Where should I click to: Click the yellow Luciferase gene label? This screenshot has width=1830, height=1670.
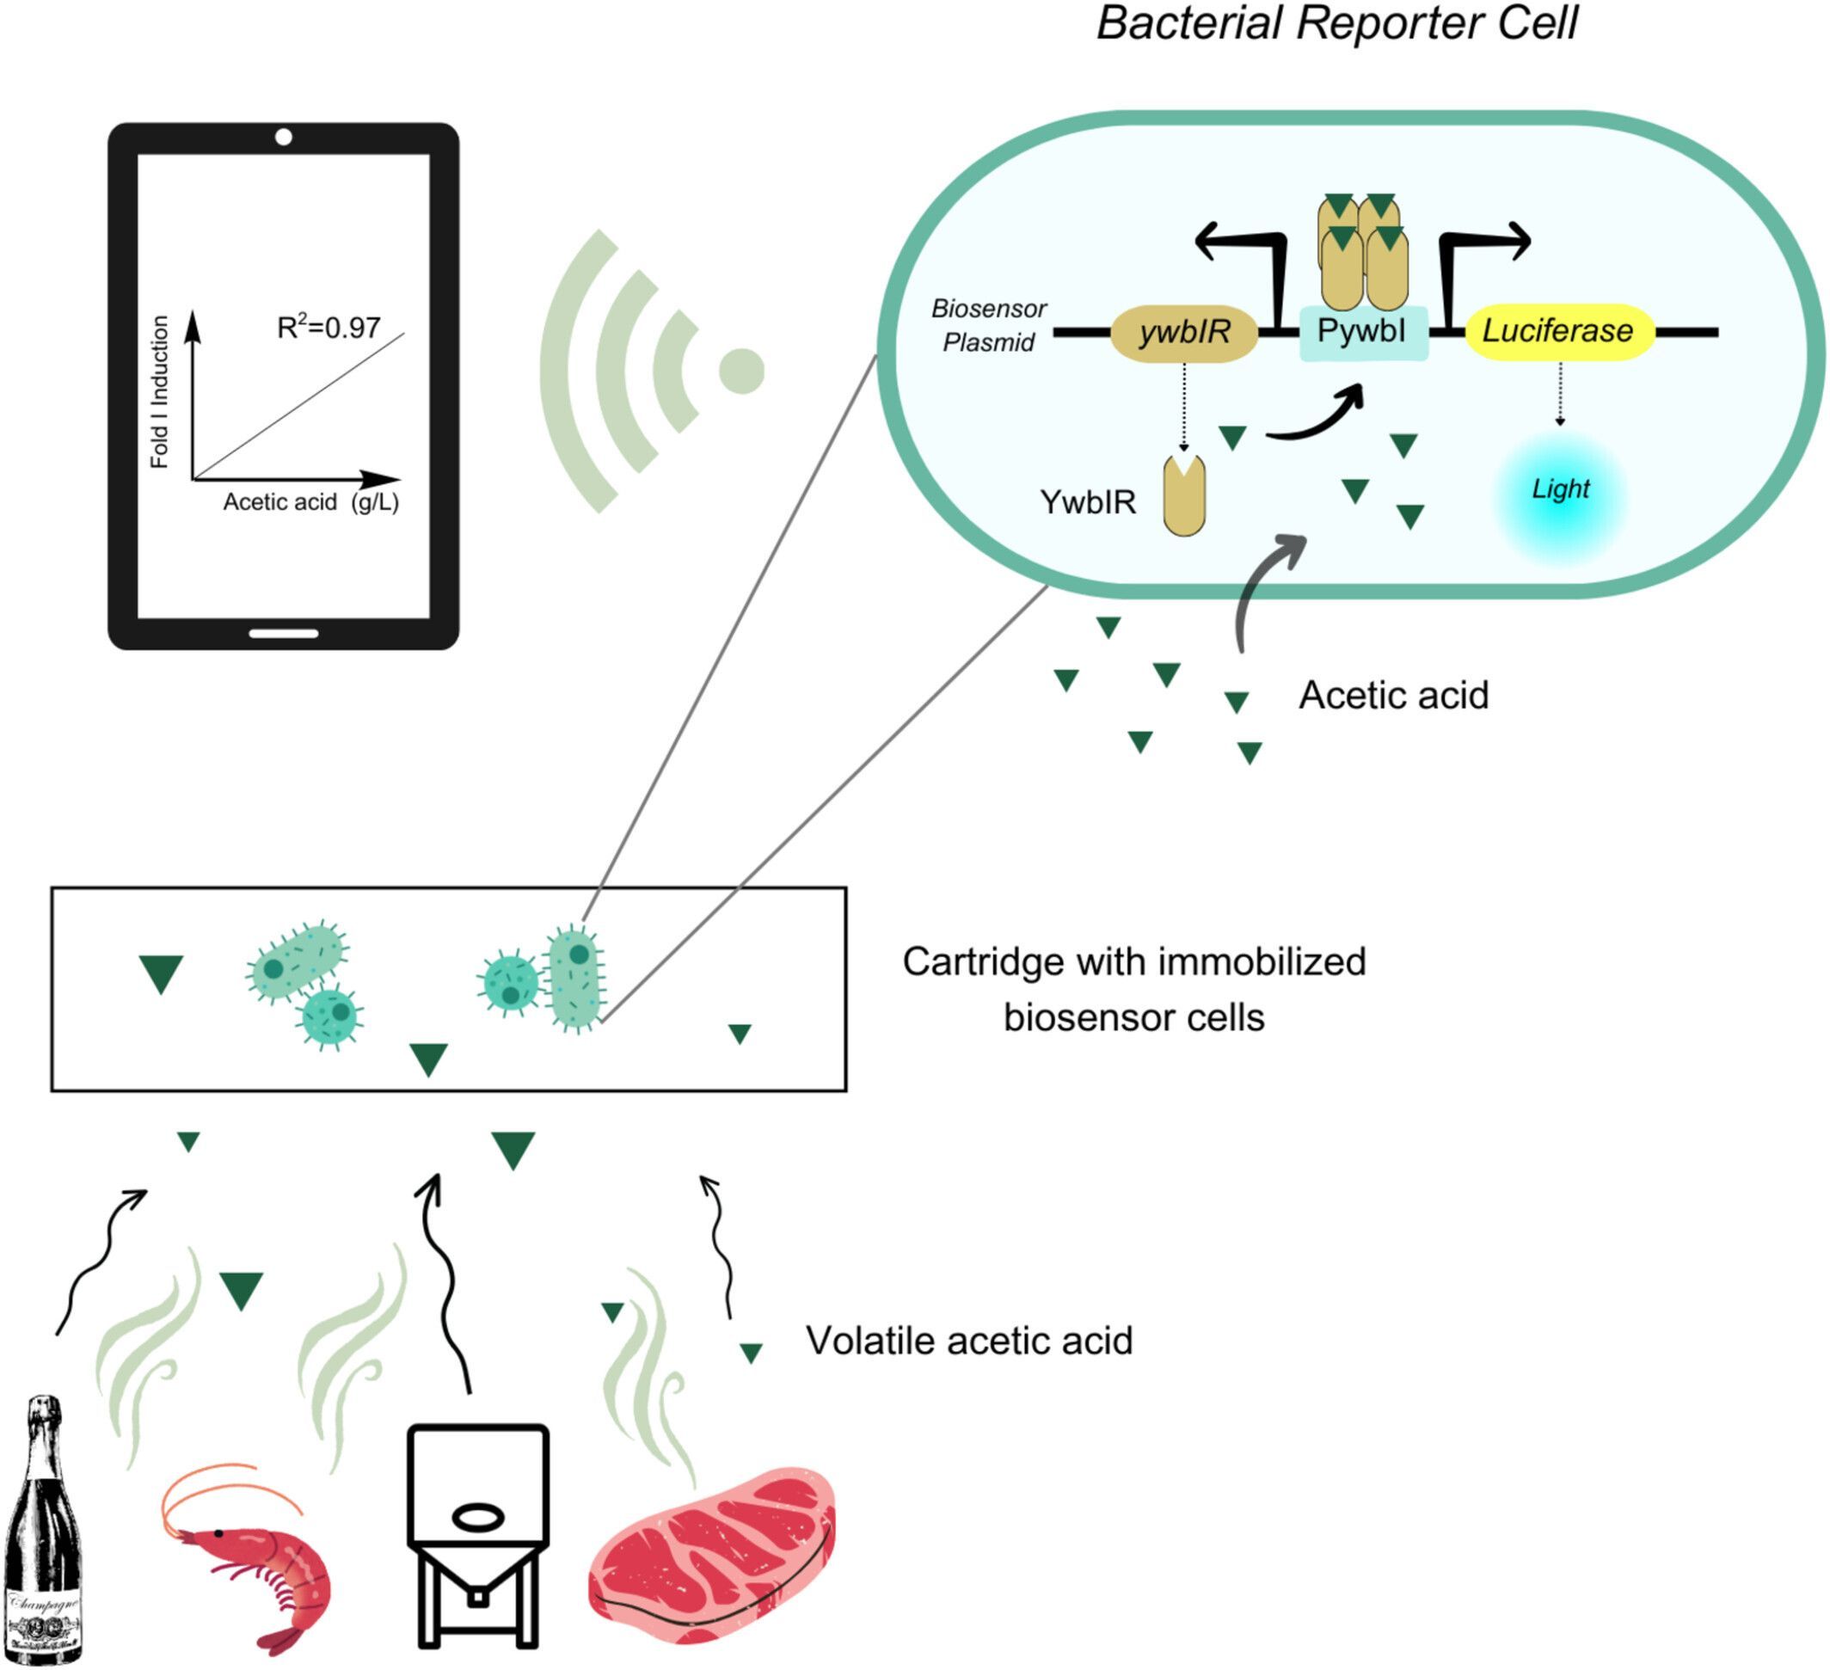click(x=1558, y=331)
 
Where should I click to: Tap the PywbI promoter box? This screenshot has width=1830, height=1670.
click(x=1362, y=332)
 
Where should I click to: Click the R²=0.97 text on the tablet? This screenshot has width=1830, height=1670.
click(x=329, y=328)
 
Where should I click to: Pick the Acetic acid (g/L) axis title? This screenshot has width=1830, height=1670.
click(x=310, y=502)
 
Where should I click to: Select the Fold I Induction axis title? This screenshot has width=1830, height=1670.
click(x=160, y=392)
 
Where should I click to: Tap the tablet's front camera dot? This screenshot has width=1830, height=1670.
click(x=283, y=137)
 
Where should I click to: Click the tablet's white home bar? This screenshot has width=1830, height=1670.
click(x=283, y=633)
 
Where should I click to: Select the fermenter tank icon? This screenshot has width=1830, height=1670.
click(x=477, y=1534)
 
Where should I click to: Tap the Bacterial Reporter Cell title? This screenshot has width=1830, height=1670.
click(x=1337, y=23)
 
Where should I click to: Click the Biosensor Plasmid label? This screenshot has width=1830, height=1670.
click(x=989, y=326)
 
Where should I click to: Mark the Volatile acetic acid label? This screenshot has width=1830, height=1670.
click(x=969, y=1341)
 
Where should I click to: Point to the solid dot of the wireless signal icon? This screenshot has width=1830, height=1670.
click(x=741, y=371)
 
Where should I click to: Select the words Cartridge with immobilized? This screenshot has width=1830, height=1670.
click(x=1133, y=962)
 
